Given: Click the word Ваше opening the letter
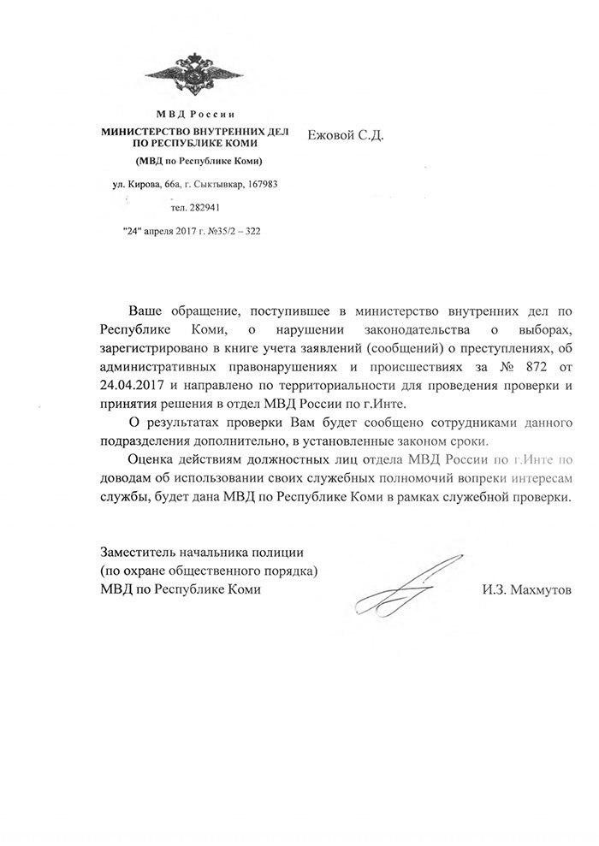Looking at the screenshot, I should pyautogui.click(x=145, y=307).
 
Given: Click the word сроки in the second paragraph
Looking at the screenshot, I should pyautogui.click(x=466, y=441).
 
